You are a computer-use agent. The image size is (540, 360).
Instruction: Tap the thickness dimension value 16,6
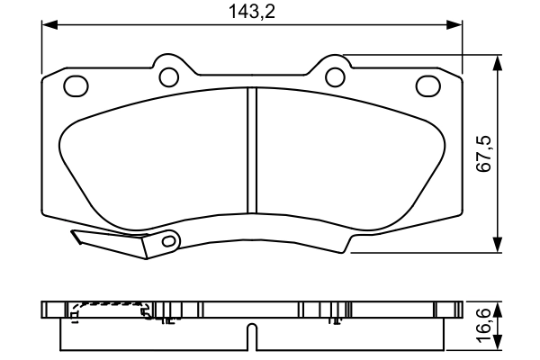485,325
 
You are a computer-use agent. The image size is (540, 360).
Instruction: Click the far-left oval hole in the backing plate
76,85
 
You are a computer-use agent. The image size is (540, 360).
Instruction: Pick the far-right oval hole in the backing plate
427,85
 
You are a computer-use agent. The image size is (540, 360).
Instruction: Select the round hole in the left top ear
167,76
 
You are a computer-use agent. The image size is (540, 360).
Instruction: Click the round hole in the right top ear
335,76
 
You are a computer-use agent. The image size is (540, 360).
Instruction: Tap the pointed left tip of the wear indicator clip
73,237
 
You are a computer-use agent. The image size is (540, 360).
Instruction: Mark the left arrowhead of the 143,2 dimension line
47,26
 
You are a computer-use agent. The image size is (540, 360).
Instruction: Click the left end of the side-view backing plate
44,310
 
